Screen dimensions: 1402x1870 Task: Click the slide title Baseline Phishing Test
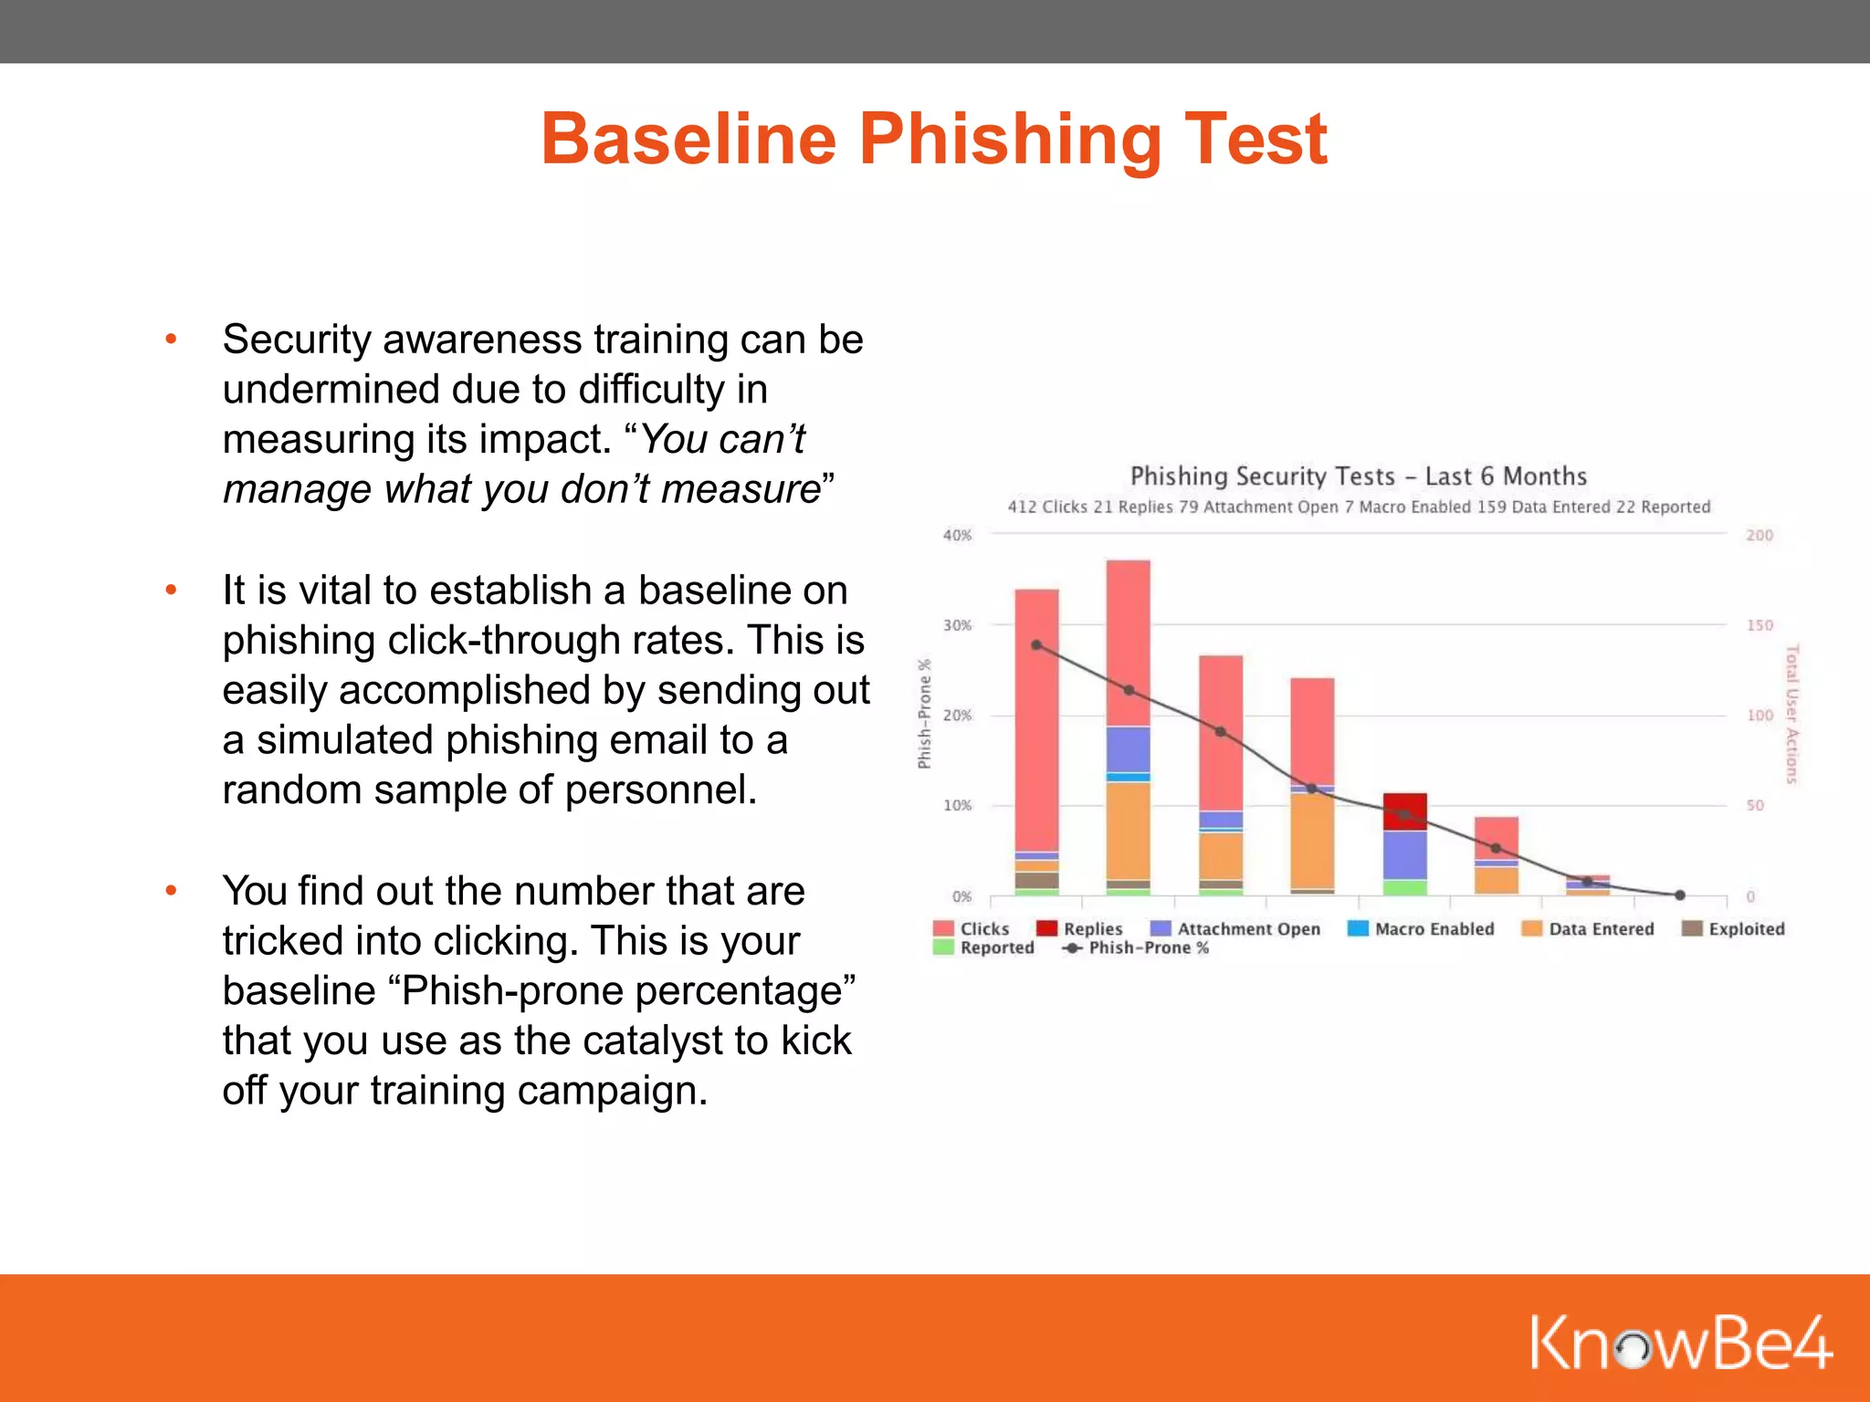pyautogui.click(x=933, y=139)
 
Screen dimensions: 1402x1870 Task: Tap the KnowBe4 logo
pyautogui.click(x=1680, y=1342)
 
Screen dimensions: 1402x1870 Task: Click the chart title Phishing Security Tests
pyautogui.click(x=1358, y=476)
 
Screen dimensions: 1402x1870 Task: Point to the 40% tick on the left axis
pyautogui.click(x=957, y=536)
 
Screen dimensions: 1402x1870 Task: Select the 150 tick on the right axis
pyautogui.click(x=1759, y=625)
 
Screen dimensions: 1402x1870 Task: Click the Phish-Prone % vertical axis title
pyautogui.click(x=924, y=714)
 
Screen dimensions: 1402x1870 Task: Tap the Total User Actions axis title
pyautogui.click(x=1791, y=714)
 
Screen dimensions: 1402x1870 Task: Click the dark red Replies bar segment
pyautogui.click(x=1404, y=811)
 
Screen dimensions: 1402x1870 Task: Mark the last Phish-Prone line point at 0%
pyautogui.click(x=1679, y=895)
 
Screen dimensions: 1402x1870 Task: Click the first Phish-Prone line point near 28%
pyautogui.click(x=1036, y=644)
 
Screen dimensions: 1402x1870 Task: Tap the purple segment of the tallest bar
pyautogui.click(x=1128, y=749)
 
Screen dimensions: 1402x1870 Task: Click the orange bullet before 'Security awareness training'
pyautogui.click(x=171, y=340)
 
